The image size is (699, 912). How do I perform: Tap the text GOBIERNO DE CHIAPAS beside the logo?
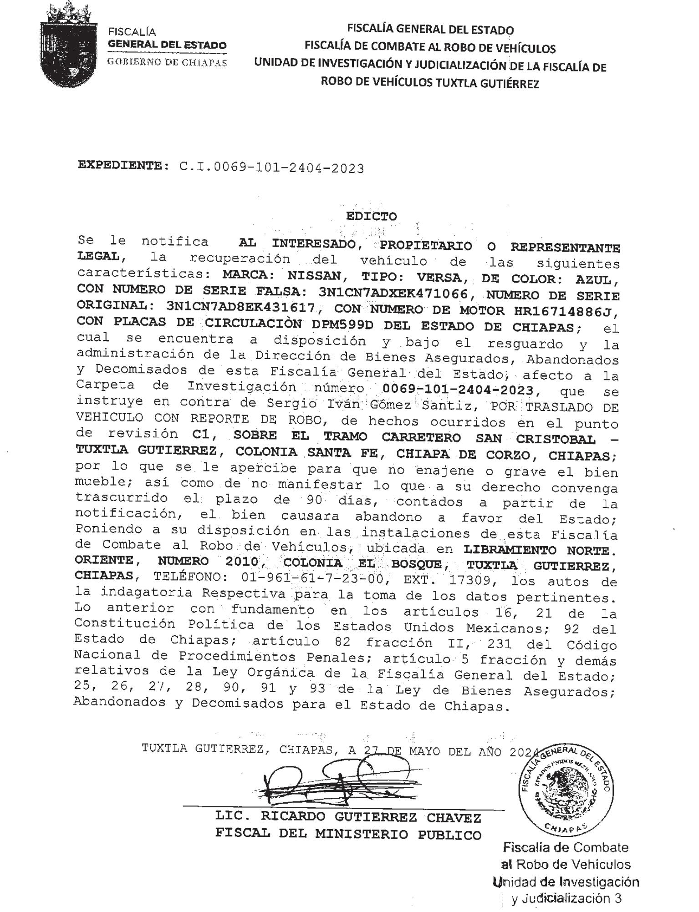(x=167, y=62)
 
